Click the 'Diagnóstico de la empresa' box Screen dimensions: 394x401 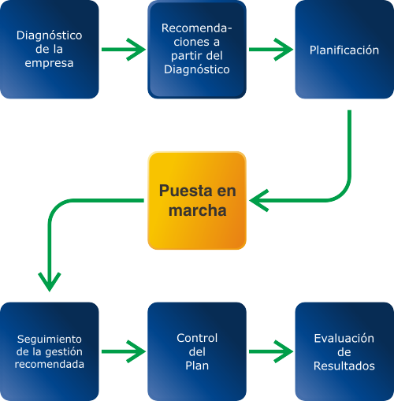click(x=50, y=50)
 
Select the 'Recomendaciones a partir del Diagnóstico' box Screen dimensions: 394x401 click(x=197, y=50)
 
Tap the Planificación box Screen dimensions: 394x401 click(x=344, y=50)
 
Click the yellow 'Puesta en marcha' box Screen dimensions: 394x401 click(x=197, y=200)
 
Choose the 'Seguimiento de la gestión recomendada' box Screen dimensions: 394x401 click(x=50, y=351)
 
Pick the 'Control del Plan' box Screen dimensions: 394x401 click(x=197, y=351)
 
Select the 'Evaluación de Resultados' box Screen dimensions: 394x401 click(x=344, y=351)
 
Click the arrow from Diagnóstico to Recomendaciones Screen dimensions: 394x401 click(x=124, y=50)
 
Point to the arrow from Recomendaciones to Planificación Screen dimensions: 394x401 click(x=271, y=50)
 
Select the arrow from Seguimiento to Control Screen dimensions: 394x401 click(x=124, y=351)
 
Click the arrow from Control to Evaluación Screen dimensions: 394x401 click(x=271, y=351)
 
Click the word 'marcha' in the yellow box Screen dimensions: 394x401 click(x=198, y=210)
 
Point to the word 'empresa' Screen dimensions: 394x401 click(x=49, y=63)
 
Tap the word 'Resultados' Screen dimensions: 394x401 click(x=344, y=366)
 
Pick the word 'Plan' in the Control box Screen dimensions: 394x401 click(x=197, y=366)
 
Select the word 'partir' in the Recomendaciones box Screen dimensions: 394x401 click(x=184, y=56)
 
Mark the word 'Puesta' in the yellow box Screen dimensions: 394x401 click(x=186, y=191)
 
